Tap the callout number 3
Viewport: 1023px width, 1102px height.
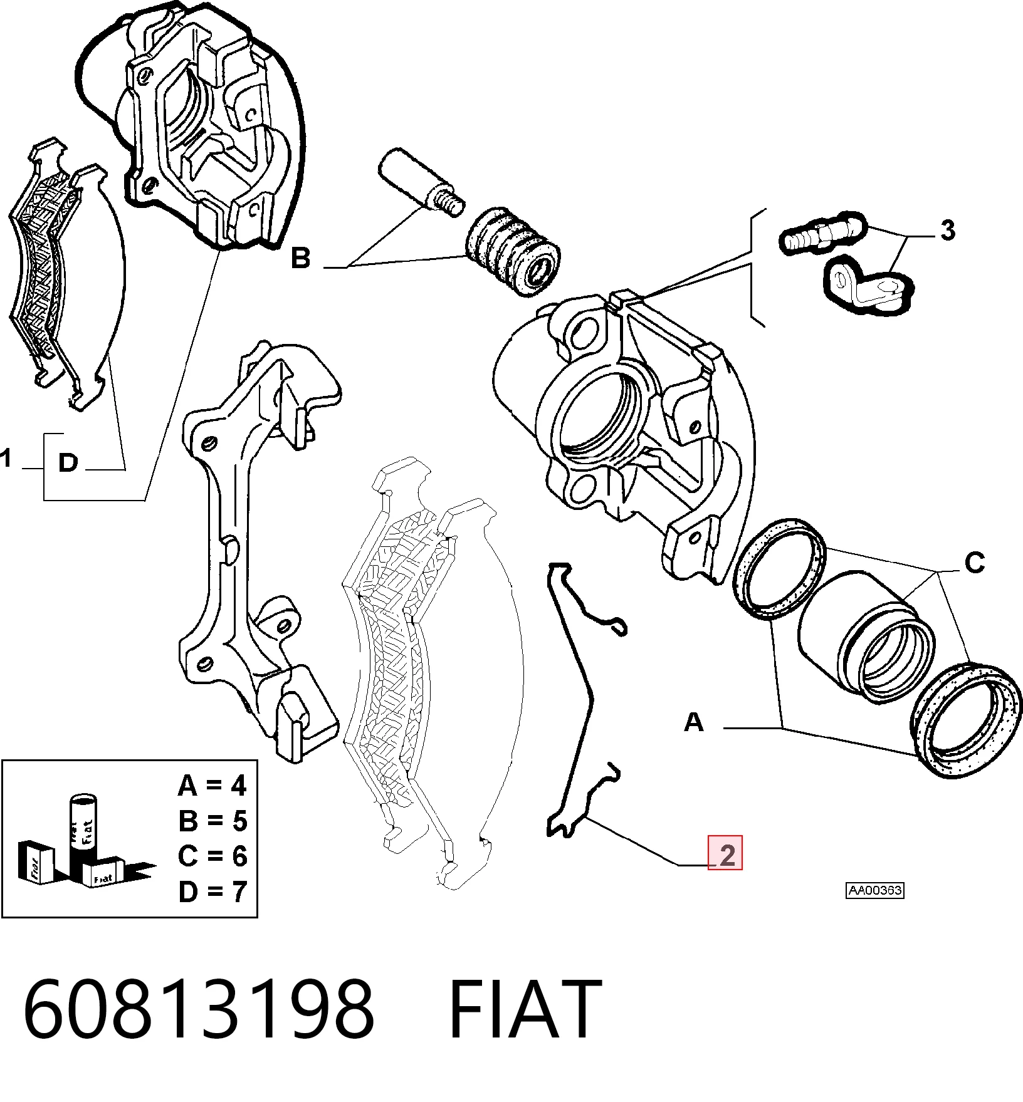tap(947, 231)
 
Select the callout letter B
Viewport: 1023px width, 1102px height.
tap(301, 257)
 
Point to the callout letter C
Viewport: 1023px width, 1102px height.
tap(975, 563)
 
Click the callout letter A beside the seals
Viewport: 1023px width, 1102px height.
tap(694, 722)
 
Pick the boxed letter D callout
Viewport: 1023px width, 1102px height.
tap(68, 463)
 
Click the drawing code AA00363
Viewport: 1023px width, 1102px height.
tap(875, 890)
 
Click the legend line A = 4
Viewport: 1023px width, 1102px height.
tap(212, 786)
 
